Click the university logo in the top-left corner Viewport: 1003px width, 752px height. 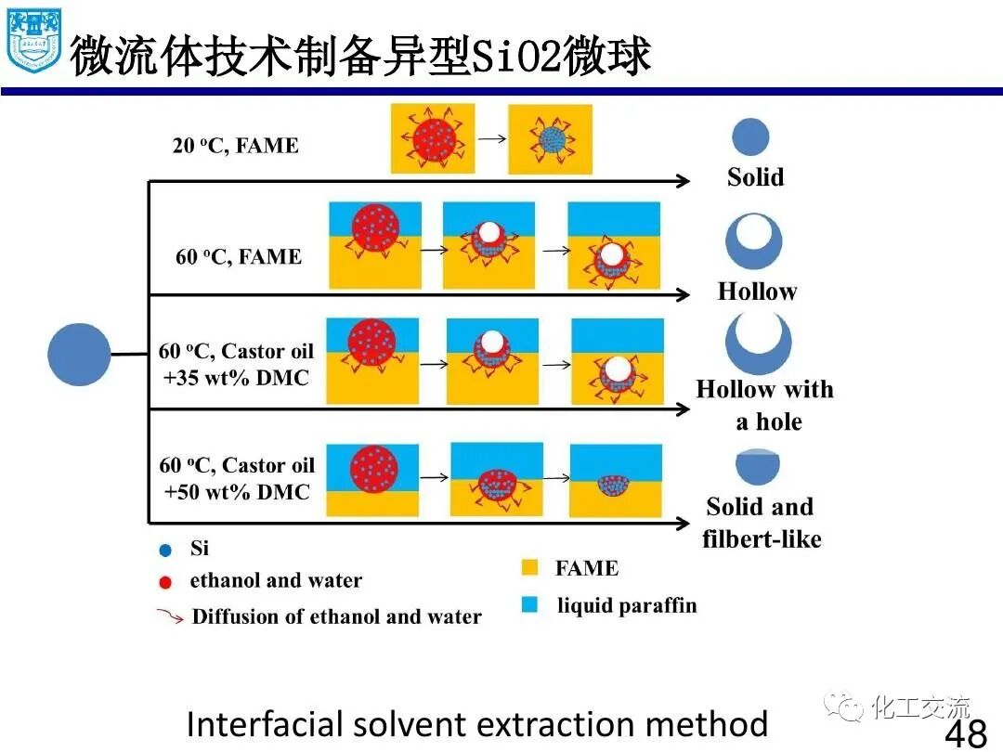point(33,41)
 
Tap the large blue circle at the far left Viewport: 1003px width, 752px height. point(79,354)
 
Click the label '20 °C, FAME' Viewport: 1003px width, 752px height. point(235,146)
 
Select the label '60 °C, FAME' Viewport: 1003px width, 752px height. point(239,257)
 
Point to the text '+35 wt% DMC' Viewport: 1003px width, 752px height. point(236,378)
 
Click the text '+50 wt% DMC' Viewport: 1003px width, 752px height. point(236,492)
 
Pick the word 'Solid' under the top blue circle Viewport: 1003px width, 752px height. point(755,177)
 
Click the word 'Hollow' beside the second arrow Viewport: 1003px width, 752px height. point(757,292)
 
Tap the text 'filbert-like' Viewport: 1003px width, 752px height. point(762,539)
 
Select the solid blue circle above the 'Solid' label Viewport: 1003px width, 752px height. point(750,136)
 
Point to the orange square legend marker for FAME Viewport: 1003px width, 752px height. point(530,568)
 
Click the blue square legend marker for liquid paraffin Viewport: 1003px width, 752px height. point(530,605)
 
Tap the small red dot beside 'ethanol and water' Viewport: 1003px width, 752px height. point(165,583)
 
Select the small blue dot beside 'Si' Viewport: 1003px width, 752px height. point(165,550)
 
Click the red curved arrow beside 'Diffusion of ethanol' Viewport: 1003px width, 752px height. point(169,616)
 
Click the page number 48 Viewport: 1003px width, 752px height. point(965,734)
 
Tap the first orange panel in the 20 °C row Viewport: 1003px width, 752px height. point(433,138)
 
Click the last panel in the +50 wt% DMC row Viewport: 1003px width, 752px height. point(616,480)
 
